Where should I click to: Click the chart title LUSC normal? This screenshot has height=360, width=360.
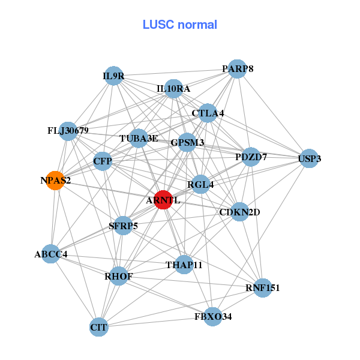[x=179, y=25]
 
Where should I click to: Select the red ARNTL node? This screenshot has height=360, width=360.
[x=163, y=200]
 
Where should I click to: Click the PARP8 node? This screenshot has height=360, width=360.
[x=238, y=69]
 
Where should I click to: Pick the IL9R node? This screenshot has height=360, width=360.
[x=113, y=76]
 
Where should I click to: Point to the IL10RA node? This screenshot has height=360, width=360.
[x=173, y=89]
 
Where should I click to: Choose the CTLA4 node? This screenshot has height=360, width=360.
[x=208, y=113]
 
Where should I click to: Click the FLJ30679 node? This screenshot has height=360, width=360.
[x=68, y=131]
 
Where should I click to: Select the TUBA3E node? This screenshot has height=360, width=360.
[x=139, y=139]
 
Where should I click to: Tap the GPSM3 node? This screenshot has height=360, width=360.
[x=187, y=143]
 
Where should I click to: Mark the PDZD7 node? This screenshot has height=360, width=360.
[x=251, y=157]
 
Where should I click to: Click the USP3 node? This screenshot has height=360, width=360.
[x=309, y=159]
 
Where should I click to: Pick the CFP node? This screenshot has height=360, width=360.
[x=103, y=161]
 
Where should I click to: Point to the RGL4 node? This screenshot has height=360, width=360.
[x=200, y=185]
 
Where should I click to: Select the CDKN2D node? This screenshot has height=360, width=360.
[x=239, y=211]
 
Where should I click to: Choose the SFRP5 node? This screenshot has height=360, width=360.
[x=123, y=226]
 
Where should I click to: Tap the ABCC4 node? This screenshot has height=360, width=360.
[x=51, y=254]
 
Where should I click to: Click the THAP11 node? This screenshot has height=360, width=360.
[x=185, y=265]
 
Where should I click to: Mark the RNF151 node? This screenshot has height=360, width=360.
[x=263, y=288]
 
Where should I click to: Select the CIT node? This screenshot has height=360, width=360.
[x=98, y=328]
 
